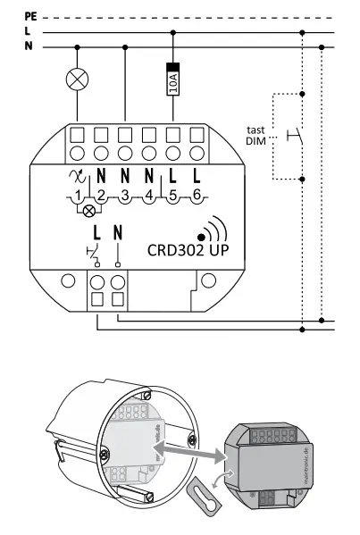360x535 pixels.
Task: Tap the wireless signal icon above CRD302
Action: click(x=211, y=230)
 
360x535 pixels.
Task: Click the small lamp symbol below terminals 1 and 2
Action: click(x=89, y=212)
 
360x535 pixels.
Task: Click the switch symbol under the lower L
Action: click(x=94, y=253)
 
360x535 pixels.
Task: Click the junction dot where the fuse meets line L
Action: click(x=172, y=31)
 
